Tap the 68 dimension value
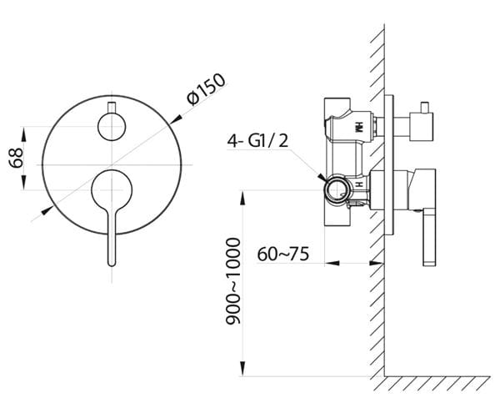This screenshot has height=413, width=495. pos(16,158)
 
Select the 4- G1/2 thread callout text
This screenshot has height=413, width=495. pos(257,141)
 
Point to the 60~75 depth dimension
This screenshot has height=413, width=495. pos(282,254)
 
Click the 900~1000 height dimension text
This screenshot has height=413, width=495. pos(233,281)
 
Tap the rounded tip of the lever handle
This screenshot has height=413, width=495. pos(112,264)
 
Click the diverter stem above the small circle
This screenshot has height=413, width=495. pos(112,108)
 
